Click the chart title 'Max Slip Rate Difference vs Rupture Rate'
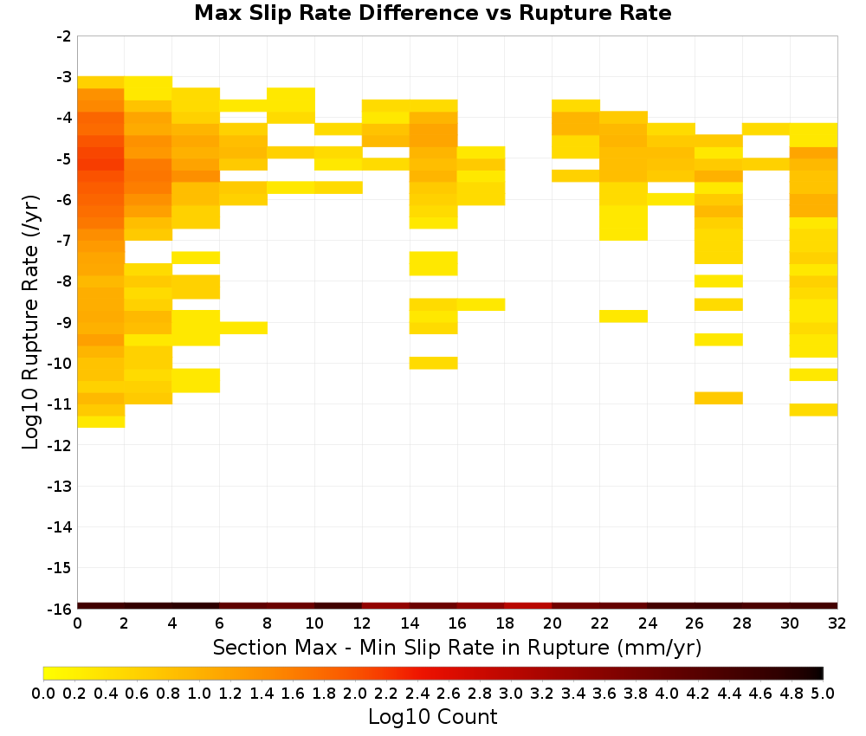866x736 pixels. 432,13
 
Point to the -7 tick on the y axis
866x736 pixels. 64,241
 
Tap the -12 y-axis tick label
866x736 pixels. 61,445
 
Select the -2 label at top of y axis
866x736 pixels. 64,36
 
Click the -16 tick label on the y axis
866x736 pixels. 61,609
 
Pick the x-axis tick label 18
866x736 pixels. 505,623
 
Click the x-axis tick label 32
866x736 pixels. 837,623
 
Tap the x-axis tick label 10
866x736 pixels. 314,623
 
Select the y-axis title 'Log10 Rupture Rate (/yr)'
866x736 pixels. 30,322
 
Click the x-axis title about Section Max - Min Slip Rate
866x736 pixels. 456,647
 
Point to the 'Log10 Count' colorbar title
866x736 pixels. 432,717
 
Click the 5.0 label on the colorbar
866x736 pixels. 823,693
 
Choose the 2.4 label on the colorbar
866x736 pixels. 417,693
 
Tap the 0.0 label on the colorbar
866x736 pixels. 43,693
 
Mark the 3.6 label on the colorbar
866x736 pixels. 604,693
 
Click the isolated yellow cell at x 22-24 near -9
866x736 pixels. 623,316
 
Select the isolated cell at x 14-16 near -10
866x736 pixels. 433,363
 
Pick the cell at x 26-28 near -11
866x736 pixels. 718,398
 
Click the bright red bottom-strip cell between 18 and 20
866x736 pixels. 528,606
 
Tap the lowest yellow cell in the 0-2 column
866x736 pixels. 100,422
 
